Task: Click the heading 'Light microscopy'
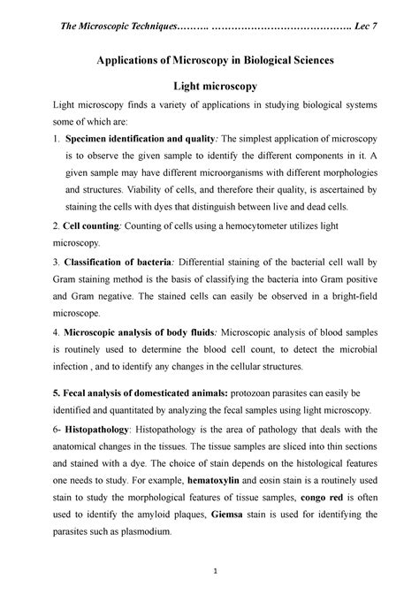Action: [209, 86]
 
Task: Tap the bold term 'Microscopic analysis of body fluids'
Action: [138, 332]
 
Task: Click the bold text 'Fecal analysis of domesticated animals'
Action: [141, 392]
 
